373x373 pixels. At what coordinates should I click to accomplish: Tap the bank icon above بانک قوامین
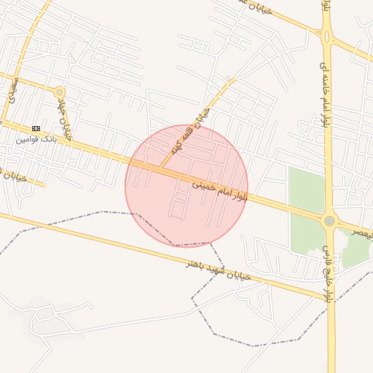[x=36, y=128]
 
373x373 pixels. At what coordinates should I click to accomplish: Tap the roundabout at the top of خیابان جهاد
[x=60, y=93]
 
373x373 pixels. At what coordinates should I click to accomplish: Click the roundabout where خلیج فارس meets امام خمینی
[x=329, y=221]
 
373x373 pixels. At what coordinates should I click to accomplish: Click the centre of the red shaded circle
[x=186, y=186]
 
